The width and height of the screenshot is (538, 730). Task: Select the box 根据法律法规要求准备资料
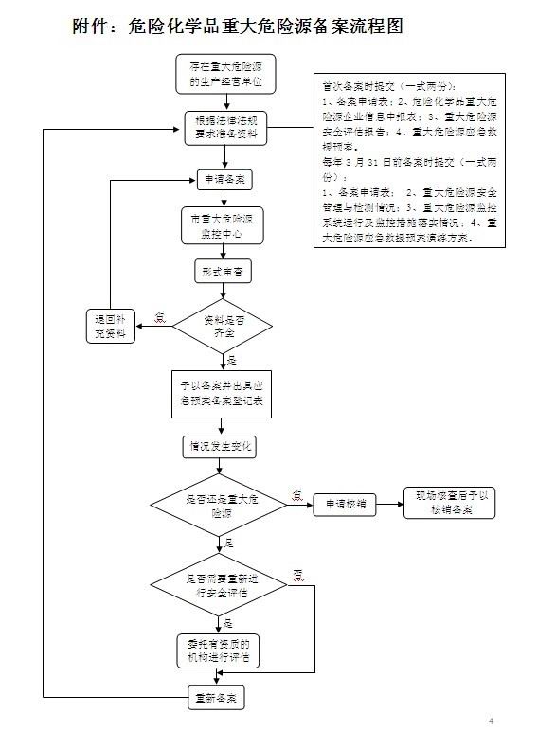(224, 129)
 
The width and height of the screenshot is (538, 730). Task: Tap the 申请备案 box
(224, 179)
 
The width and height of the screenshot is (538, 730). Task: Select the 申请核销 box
(345, 504)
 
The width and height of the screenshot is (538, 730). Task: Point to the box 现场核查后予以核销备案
(451, 503)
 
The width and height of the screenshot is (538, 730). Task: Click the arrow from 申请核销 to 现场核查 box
(389, 504)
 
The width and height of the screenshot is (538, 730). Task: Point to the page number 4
(491, 721)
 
